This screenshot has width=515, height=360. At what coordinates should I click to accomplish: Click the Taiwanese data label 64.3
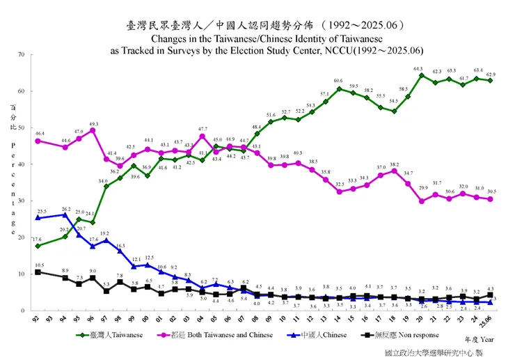(x=418, y=69)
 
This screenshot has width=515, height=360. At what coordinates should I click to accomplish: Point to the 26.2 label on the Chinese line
(x=65, y=209)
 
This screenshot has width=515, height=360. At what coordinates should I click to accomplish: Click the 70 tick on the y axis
(x=22, y=55)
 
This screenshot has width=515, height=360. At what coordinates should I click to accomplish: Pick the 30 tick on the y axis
(x=22, y=201)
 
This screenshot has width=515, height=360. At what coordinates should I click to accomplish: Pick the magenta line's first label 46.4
(x=38, y=132)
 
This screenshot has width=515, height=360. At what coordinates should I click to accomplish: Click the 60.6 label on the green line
(x=338, y=81)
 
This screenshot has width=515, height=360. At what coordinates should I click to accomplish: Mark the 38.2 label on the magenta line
(x=394, y=164)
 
